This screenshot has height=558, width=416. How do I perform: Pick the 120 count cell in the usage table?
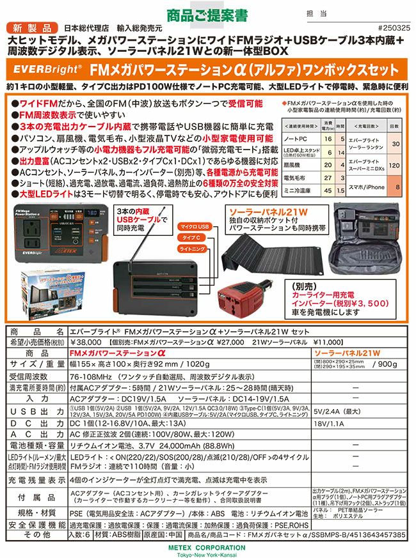396,165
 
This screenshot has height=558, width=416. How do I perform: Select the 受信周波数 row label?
35,376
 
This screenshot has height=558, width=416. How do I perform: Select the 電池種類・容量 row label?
35,446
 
